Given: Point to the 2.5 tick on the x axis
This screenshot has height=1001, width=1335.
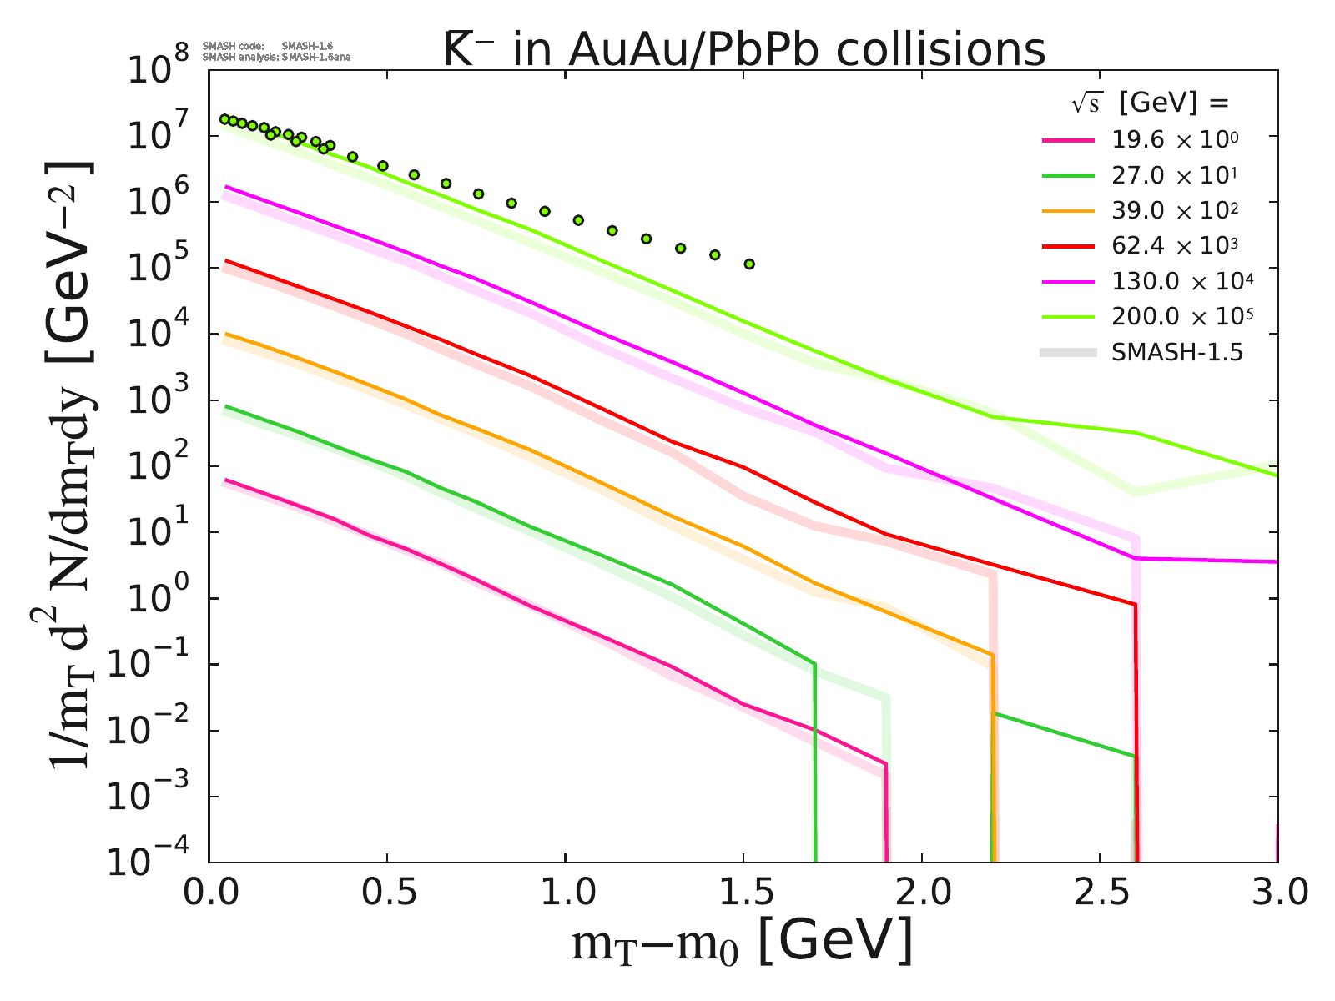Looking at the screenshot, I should point(1100,893).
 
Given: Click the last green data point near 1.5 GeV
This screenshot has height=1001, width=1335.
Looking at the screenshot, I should point(749,264).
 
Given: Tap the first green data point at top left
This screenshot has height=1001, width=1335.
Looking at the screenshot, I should point(224,119).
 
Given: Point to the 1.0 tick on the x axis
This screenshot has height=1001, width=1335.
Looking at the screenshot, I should point(565,893).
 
